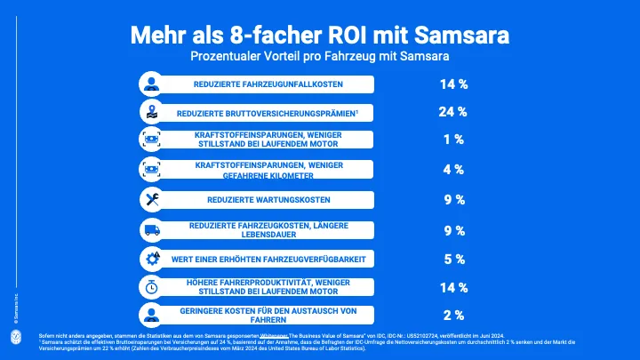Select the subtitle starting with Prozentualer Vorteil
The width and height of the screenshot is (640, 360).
[x=319, y=56]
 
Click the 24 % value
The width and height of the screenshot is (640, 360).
[x=453, y=112]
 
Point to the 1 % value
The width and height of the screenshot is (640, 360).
[x=453, y=140]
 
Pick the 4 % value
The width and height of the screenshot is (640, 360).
[x=453, y=169]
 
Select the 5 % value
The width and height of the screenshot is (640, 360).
[x=453, y=260]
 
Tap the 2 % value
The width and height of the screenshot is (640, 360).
[x=453, y=315]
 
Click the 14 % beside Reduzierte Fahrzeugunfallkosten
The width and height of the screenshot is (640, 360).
[x=453, y=84]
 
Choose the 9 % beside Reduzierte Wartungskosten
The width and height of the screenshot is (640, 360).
[x=453, y=199]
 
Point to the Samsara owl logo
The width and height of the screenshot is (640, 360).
[x=16, y=338]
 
